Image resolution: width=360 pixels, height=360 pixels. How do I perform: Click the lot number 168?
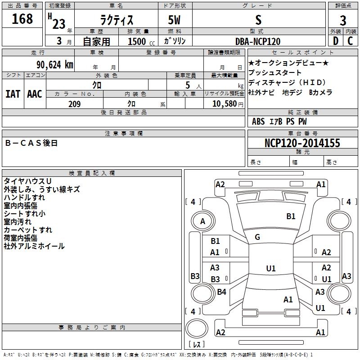coord(22,19)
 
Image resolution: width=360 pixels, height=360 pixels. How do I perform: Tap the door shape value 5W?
coord(175,20)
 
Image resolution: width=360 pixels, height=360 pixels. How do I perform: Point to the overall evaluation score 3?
coord(343,20)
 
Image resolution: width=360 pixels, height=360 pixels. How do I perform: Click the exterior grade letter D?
coord(335,41)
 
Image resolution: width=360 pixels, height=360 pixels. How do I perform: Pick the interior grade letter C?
coord(350,41)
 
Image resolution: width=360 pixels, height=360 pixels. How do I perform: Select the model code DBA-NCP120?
coord(258,41)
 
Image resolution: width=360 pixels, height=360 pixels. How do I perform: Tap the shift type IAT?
coord(13,94)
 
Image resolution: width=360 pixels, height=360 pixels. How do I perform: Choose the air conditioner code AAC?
coord(35,94)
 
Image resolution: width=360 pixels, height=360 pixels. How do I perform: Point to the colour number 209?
coord(74,104)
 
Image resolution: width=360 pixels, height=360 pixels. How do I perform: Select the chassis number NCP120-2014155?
coord(302,143)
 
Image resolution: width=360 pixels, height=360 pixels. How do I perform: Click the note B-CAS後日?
coord(31,143)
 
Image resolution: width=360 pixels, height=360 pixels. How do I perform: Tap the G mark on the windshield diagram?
coord(257,237)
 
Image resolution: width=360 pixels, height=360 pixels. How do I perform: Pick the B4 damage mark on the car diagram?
coord(221,292)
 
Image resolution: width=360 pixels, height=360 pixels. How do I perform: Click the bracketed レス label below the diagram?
coord(197,345)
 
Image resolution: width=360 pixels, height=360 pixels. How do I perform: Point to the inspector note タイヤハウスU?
coord(27,181)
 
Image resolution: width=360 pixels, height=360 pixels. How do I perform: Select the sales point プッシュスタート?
coord(275,72)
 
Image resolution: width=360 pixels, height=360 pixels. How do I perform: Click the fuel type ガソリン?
coord(175,41)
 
